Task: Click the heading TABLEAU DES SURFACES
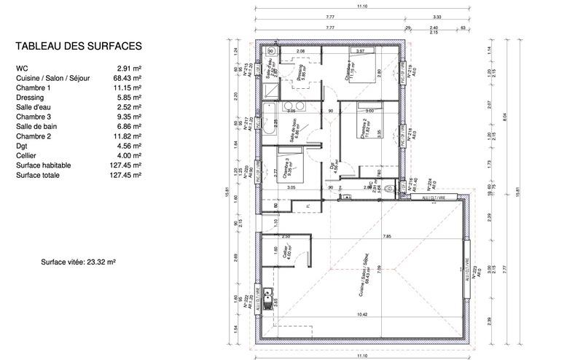(x=78, y=46)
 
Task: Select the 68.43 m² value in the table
(x=127, y=78)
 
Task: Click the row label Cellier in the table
(x=27, y=155)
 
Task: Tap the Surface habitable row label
(x=43, y=165)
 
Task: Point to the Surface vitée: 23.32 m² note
(x=79, y=260)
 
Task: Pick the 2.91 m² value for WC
(x=129, y=68)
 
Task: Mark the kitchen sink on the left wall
(x=269, y=298)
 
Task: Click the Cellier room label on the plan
(x=289, y=255)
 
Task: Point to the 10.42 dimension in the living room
(x=362, y=315)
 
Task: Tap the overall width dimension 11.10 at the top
(x=361, y=6)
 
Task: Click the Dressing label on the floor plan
(x=301, y=71)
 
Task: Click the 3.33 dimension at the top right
(x=437, y=16)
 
